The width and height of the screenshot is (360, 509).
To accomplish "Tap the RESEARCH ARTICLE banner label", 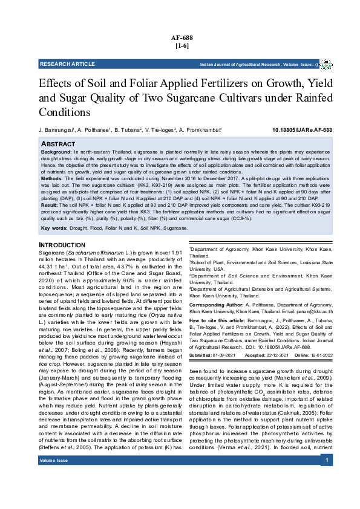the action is click(x=64, y=63).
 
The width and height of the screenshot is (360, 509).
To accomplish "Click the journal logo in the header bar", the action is click(x=326, y=63).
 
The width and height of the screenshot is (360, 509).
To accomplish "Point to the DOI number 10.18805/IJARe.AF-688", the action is click(x=302, y=130).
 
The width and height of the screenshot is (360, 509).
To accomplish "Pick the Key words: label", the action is click(x=53, y=228).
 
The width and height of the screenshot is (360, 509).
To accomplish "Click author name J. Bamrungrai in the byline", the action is click(x=56, y=130).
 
